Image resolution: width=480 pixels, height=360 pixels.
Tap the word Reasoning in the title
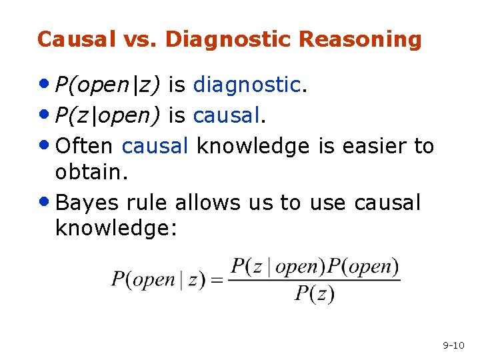click(x=361, y=39)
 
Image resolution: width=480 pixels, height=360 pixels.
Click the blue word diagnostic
click(x=247, y=85)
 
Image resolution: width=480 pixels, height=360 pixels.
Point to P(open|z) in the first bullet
click(x=108, y=85)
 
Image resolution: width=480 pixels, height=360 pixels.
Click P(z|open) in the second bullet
click(x=108, y=116)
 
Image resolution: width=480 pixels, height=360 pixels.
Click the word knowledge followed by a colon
click(x=114, y=228)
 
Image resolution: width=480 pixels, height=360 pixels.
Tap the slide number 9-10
click(x=453, y=345)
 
